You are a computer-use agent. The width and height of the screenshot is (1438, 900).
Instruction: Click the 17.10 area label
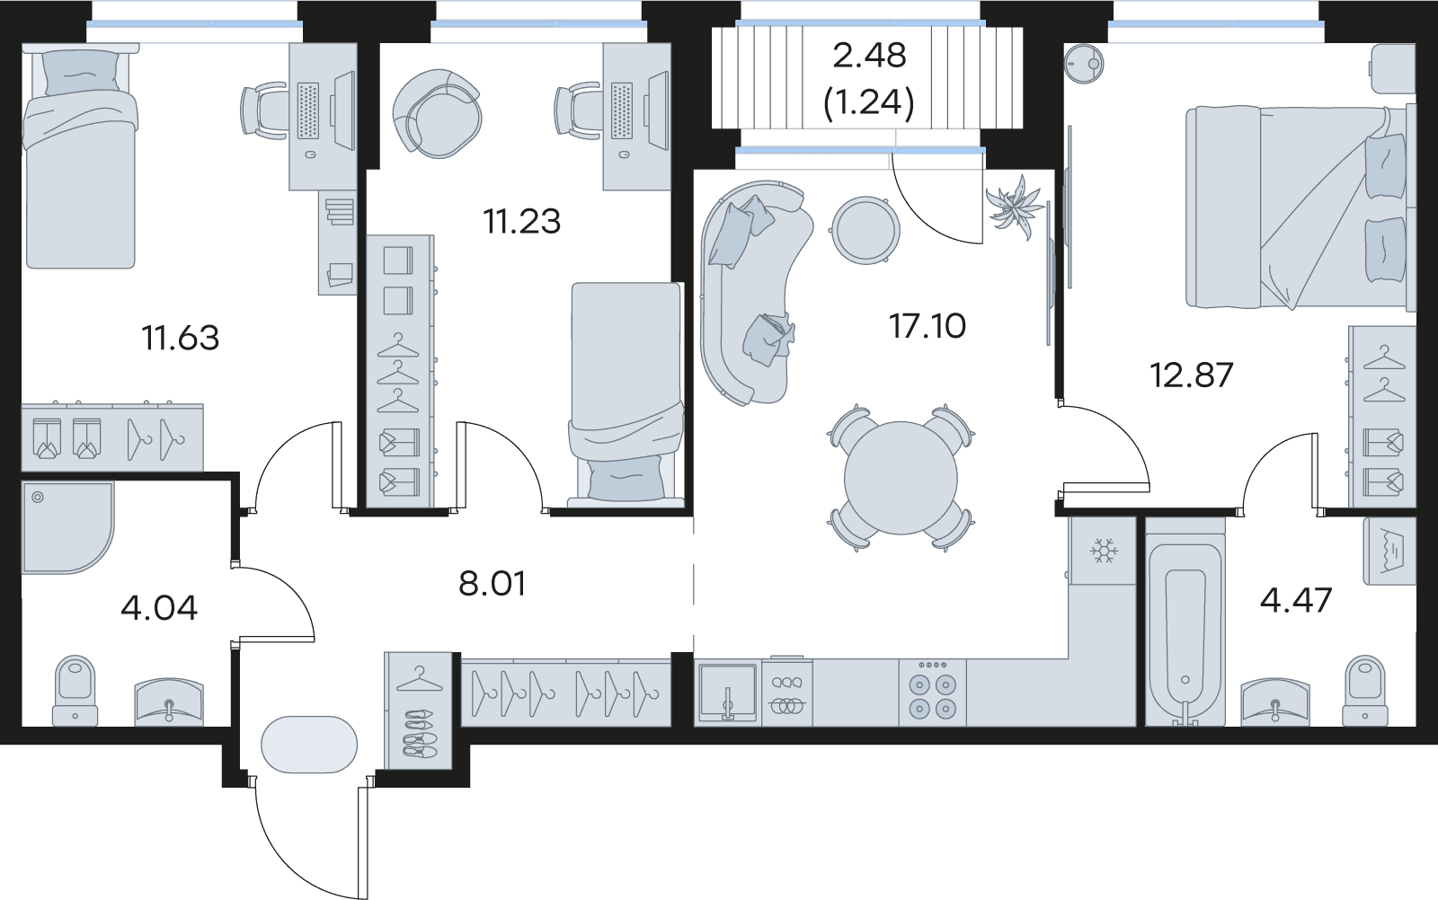927,326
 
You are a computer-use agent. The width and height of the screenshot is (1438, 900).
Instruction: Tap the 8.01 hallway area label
493,584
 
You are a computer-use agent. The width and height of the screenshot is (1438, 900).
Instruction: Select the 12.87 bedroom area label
1192,375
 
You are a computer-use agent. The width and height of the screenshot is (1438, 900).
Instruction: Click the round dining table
901,478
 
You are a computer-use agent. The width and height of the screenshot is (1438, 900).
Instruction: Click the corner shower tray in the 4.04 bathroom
67,527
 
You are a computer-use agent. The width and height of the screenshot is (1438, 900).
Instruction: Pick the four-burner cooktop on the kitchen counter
932,694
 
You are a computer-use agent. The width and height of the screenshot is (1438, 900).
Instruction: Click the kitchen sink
728,694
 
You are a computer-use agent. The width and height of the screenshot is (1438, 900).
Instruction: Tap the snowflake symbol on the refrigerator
1104,551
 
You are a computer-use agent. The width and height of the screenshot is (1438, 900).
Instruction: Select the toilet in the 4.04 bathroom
75,691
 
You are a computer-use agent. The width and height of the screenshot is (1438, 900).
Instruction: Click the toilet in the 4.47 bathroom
1365,691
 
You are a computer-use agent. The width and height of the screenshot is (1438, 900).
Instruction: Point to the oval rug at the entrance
309,745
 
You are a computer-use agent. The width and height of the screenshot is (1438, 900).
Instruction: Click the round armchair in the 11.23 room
437,113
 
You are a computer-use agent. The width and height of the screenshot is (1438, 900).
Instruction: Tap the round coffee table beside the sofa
865,230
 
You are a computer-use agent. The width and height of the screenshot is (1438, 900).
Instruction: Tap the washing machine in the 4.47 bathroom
1389,551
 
